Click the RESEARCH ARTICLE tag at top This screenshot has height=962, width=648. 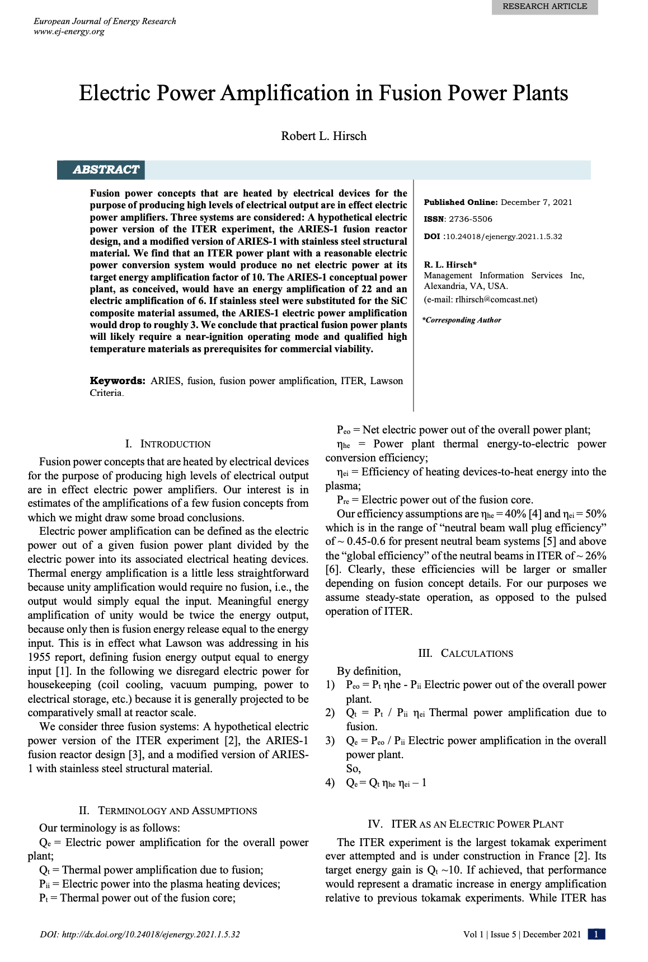[544, 7]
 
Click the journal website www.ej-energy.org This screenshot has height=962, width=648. [69, 31]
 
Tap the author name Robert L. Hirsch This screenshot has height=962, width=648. [323, 136]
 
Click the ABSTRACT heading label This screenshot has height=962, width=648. [105, 170]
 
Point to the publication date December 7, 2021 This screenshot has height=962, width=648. [536, 202]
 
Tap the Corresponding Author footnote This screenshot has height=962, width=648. [462, 320]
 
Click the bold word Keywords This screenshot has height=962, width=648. [118, 381]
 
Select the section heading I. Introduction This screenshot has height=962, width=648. [168, 444]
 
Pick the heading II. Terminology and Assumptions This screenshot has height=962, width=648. [168, 811]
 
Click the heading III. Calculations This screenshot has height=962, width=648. [466, 653]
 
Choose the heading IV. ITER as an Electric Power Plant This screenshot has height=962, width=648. [466, 824]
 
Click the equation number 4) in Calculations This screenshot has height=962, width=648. [330, 783]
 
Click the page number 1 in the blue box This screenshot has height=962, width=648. [597, 934]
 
